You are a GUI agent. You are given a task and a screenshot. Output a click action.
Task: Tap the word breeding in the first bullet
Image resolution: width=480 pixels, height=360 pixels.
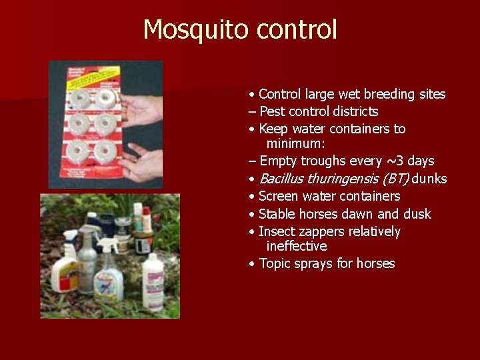click(x=376, y=95)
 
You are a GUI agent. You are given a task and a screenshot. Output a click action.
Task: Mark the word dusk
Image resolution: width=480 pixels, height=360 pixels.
click(x=416, y=214)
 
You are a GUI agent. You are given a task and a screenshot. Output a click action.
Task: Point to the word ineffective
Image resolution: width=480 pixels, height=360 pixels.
click(x=297, y=247)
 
